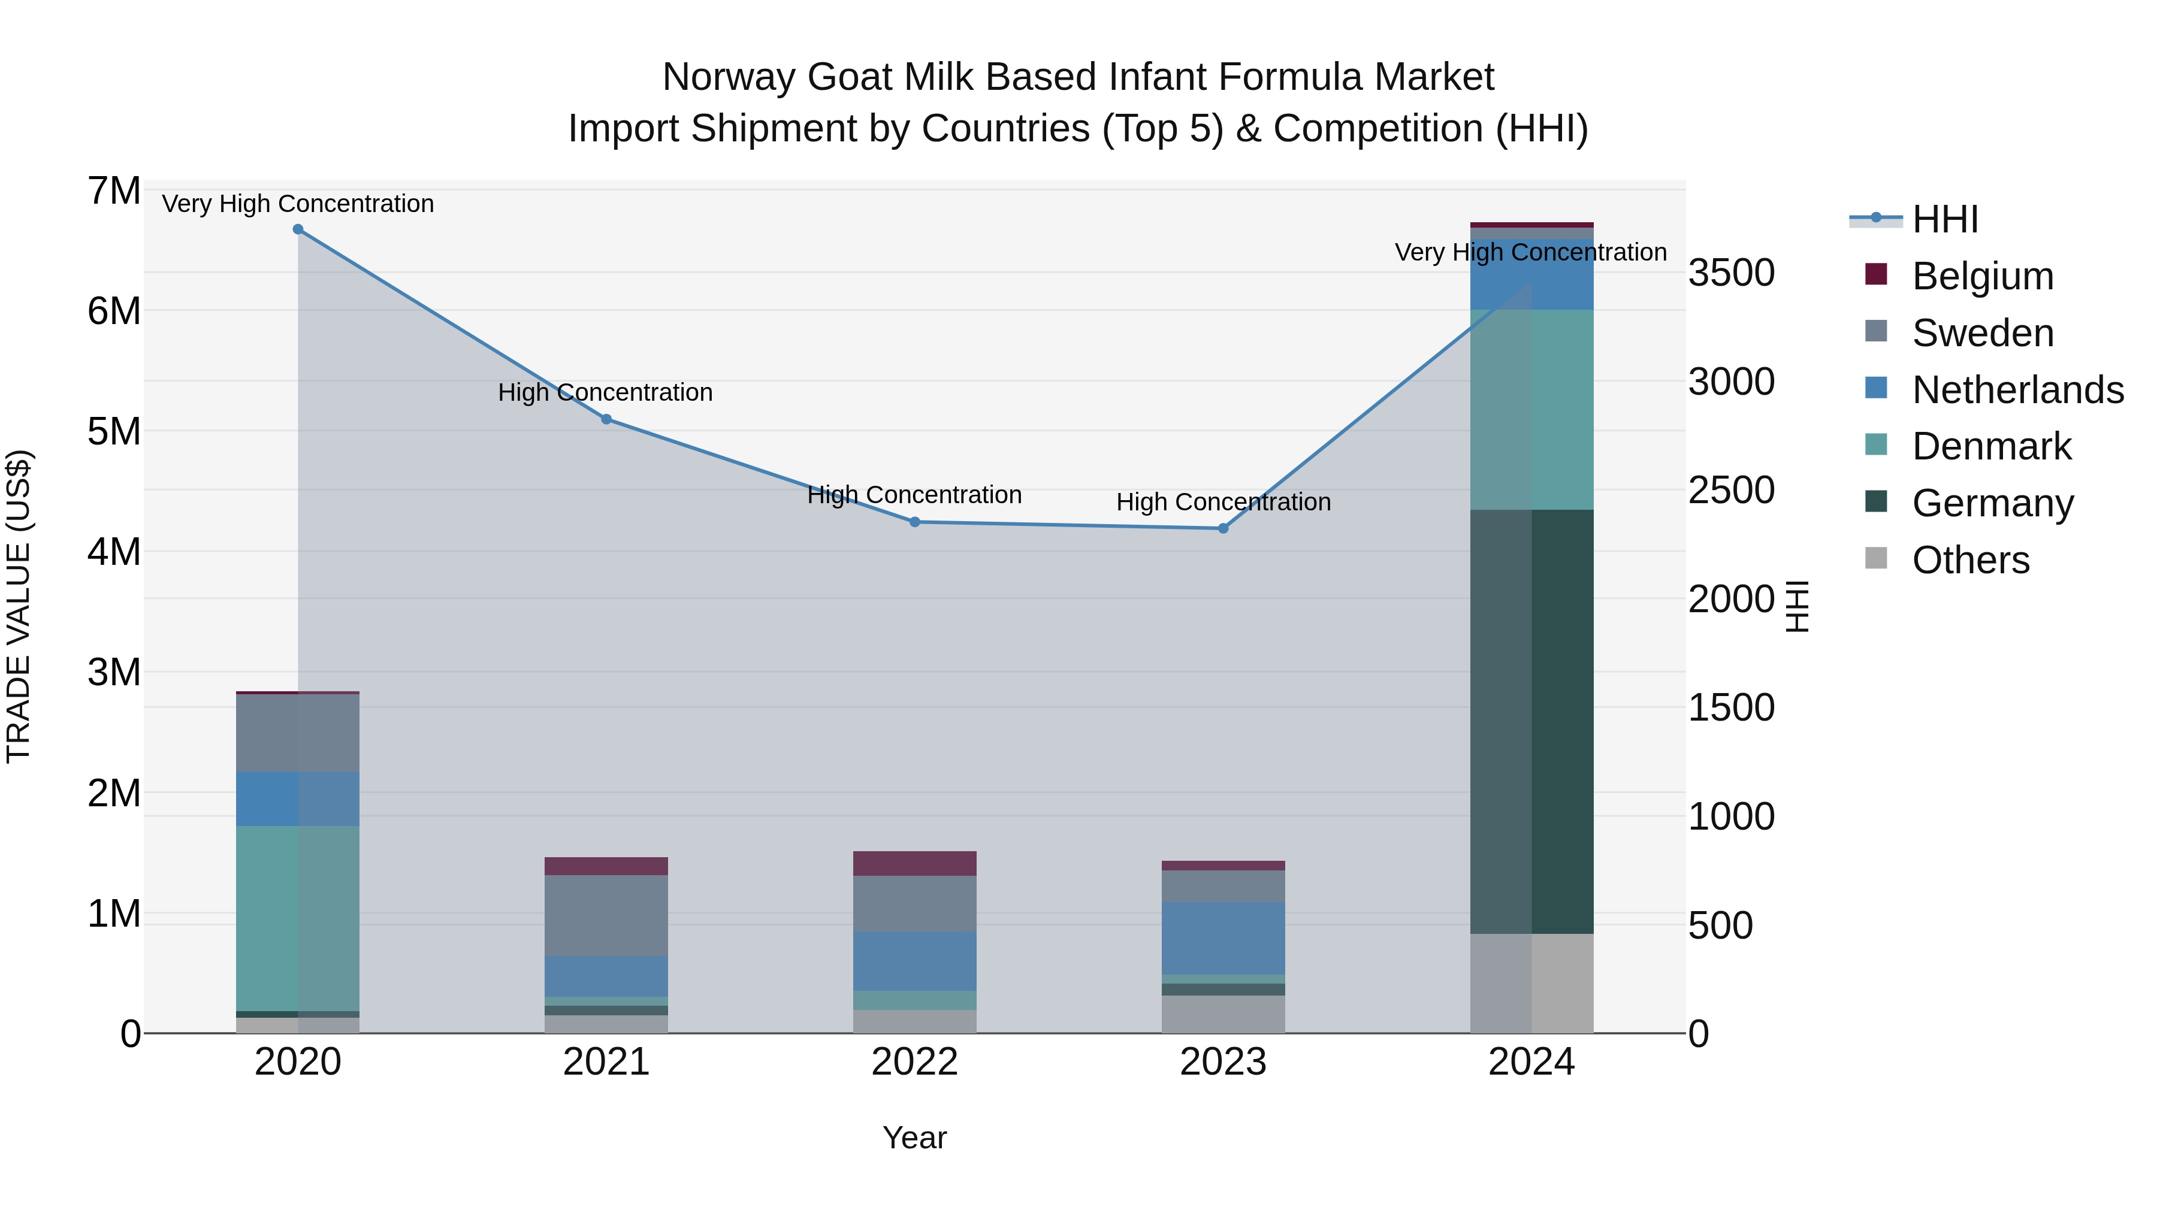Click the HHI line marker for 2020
tap(298, 229)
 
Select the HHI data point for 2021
tap(606, 419)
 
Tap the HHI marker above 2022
tap(914, 522)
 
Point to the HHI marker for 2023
tap(1222, 528)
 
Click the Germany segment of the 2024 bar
tap(1531, 720)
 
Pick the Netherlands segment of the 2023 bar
tap(1222, 937)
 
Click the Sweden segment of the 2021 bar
tap(606, 915)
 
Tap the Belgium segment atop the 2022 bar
tap(914, 863)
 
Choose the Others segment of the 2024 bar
tap(1531, 983)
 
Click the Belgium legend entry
tap(1983, 276)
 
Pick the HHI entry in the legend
tap(1945, 219)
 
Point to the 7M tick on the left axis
tap(114, 191)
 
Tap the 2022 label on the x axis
tap(914, 1062)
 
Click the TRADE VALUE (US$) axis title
tap(19, 606)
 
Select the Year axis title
tap(914, 1138)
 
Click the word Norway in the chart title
tap(729, 77)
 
